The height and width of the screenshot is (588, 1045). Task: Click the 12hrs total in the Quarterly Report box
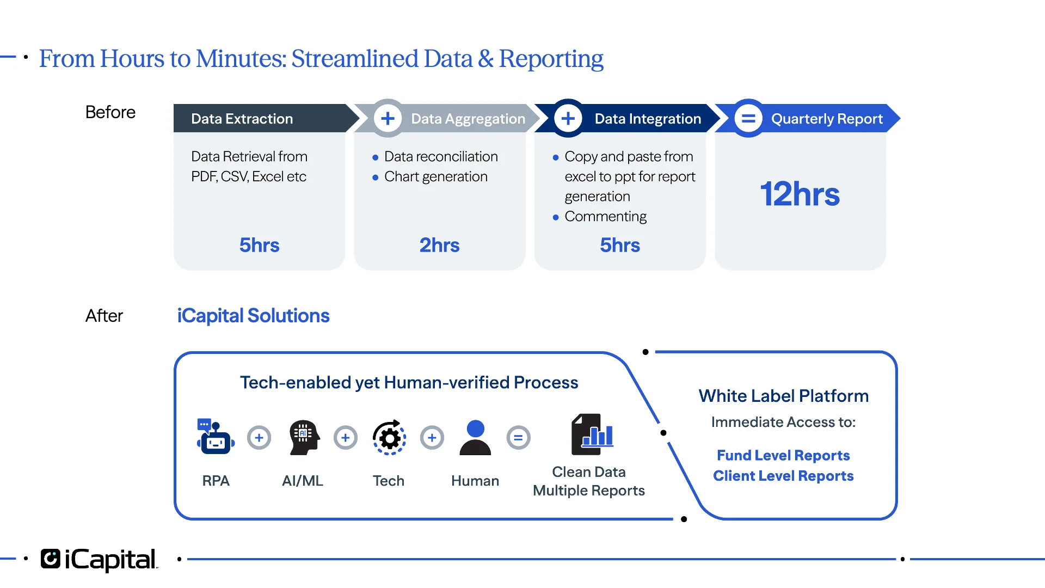click(x=800, y=194)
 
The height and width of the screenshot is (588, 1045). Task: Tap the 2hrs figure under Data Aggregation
click(x=439, y=245)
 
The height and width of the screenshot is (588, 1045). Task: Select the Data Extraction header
click(x=242, y=119)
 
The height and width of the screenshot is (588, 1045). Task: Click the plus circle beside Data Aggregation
click(x=388, y=118)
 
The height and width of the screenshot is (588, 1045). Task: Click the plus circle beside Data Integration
click(x=568, y=118)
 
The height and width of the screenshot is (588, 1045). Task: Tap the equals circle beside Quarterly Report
click(x=748, y=118)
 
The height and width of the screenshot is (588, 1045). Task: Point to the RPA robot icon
click(x=216, y=437)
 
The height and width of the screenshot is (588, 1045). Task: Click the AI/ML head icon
click(x=303, y=437)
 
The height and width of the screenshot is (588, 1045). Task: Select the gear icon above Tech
click(x=389, y=437)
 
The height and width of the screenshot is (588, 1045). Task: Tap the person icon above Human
click(x=475, y=437)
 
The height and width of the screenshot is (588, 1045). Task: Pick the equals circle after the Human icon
click(x=518, y=437)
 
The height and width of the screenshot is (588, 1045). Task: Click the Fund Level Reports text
click(x=783, y=455)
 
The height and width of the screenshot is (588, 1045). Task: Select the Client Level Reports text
click(x=783, y=476)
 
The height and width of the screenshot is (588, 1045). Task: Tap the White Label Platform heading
click(x=783, y=396)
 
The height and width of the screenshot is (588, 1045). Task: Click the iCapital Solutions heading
click(x=253, y=316)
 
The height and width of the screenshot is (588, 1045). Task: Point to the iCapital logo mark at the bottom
click(x=51, y=559)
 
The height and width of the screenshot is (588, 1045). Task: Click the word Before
click(x=110, y=112)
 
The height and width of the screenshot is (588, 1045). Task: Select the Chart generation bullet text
click(x=435, y=176)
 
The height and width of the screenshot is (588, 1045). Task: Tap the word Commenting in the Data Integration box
click(x=605, y=216)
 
